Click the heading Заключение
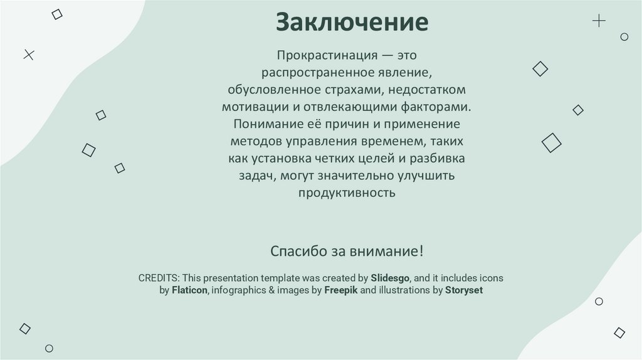coord(352,22)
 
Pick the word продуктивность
coord(347,193)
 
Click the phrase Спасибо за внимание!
coord(347,251)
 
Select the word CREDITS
coord(159,277)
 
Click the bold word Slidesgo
coord(391,277)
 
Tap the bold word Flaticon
coord(189,290)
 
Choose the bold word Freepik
coord(340,290)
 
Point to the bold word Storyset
coord(464,290)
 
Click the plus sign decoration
coord(599,21)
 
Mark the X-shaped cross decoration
coord(28,55)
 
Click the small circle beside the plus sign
coord(624,37)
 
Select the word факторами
coord(439,107)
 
